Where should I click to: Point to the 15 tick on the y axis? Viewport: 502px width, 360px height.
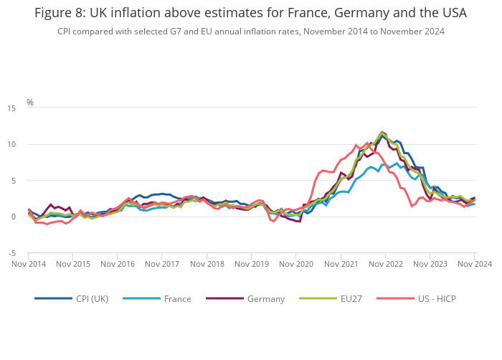[x=11, y=108]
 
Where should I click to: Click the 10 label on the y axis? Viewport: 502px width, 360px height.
[x=11, y=144]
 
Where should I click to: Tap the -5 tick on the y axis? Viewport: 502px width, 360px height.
[x=11, y=253]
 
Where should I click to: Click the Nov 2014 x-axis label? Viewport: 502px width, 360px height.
[x=29, y=264]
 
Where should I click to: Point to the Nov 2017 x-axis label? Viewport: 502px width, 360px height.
[x=162, y=264]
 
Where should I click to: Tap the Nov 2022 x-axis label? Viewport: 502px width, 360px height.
[x=385, y=264]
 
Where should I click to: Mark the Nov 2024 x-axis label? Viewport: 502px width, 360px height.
[x=475, y=264]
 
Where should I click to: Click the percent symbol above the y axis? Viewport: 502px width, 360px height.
[x=30, y=103]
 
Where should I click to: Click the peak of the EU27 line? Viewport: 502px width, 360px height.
[x=382, y=131]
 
